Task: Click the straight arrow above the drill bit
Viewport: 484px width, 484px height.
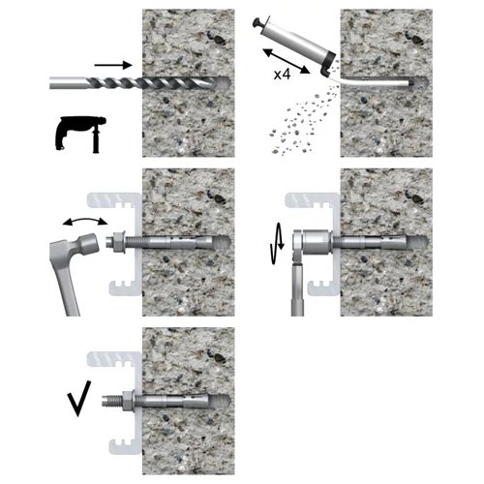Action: (113, 66)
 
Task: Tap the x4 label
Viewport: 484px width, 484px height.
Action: (282, 75)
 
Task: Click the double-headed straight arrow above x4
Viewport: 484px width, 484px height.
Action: (287, 61)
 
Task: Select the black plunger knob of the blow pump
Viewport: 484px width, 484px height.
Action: (258, 23)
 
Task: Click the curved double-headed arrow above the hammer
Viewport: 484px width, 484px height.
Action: (85, 221)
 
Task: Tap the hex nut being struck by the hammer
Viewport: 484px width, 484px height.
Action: (119, 242)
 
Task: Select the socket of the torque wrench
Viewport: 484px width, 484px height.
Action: (317, 242)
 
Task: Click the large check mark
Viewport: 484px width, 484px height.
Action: (79, 399)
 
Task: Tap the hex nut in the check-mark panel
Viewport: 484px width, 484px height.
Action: (128, 401)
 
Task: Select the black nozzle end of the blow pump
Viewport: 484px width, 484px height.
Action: (328, 64)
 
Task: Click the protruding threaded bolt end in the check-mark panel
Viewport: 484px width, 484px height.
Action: (111, 401)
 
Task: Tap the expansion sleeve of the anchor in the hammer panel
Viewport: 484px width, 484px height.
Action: (181, 242)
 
